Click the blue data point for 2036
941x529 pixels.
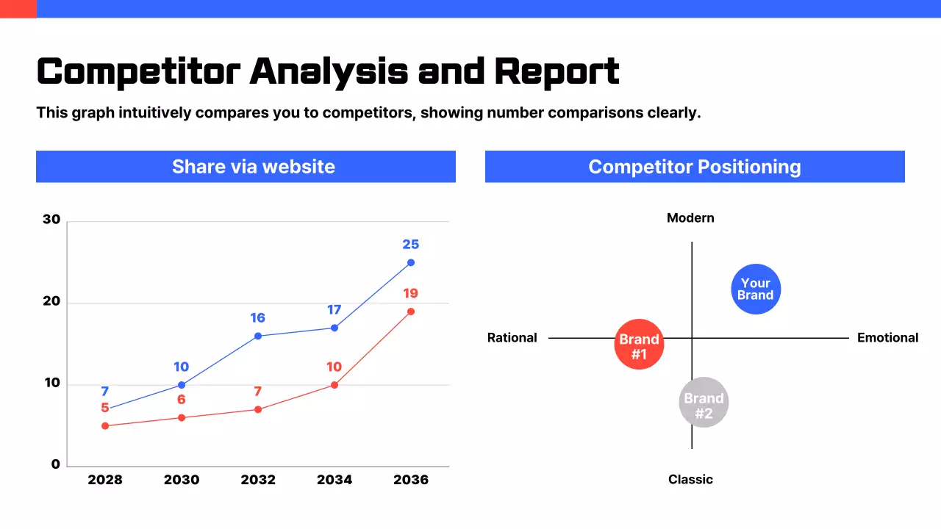(410, 262)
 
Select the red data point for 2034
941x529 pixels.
(334, 385)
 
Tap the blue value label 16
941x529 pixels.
(257, 318)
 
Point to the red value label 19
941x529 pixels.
(410, 294)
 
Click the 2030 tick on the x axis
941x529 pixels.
(182, 480)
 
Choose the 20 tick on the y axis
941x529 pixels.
(51, 302)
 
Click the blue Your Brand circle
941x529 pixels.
(756, 289)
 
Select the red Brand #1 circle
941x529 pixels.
(639, 344)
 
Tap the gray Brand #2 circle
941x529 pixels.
(704, 402)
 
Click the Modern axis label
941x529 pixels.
(690, 218)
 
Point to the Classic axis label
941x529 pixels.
(690, 480)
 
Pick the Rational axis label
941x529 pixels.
(512, 338)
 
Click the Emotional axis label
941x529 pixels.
(887, 338)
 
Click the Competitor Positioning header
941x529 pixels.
(695, 167)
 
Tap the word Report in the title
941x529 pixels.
(557, 72)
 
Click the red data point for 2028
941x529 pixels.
(105, 425)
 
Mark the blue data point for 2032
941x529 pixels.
(258, 336)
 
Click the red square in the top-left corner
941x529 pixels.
(18, 9)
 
